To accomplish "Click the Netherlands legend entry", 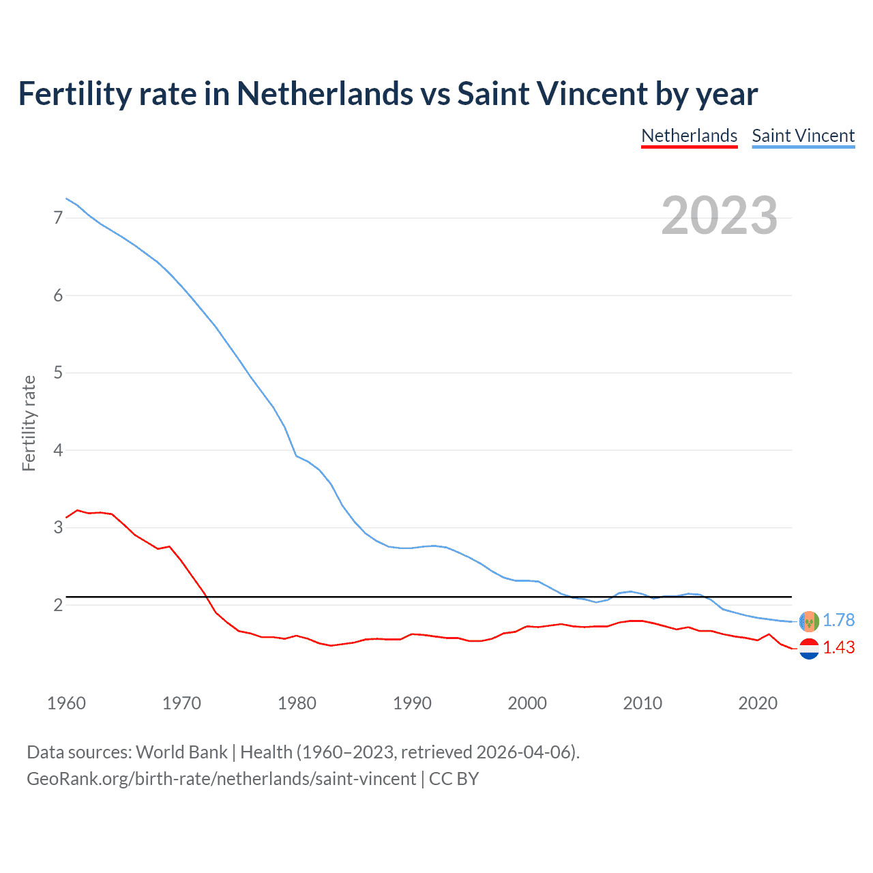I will (x=689, y=136).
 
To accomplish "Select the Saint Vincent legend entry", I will (x=803, y=136).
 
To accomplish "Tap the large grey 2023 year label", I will (x=719, y=216).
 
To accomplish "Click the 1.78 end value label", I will (x=838, y=620).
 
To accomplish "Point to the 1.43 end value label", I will (x=838, y=647).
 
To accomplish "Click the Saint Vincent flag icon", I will (x=809, y=621).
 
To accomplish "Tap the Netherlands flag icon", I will (x=809, y=649).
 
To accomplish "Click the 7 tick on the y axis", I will (x=58, y=218).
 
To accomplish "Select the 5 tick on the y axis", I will (x=58, y=372).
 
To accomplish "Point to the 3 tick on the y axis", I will (x=58, y=527).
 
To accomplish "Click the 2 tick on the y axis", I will (x=58, y=605).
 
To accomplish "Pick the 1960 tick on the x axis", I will (x=66, y=703).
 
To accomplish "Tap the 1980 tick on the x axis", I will (x=297, y=703).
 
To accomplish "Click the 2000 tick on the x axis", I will (x=527, y=703).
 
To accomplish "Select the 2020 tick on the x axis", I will (x=758, y=703).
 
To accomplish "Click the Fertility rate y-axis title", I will (x=29, y=423).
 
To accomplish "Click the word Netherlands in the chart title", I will (x=325, y=93).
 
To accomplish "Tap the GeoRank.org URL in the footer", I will (x=221, y=779).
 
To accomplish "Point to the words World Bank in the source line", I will (x=181, y=752).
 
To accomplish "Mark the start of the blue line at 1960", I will (x=66, y=198).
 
